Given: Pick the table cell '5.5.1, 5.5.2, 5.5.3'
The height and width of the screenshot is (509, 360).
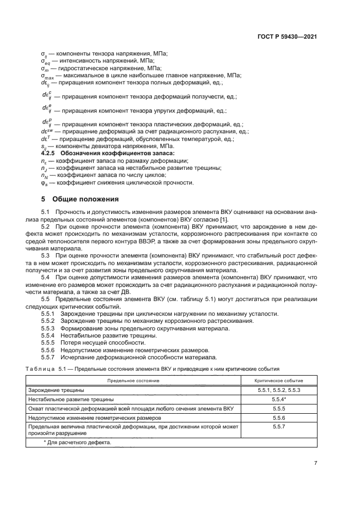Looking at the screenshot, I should (279, 390).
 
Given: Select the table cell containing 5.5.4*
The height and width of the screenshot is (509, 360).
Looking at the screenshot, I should (279, 399).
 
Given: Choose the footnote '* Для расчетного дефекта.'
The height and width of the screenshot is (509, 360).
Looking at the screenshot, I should (77, 443).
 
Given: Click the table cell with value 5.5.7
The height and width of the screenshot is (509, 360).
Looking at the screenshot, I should (279, 427).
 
